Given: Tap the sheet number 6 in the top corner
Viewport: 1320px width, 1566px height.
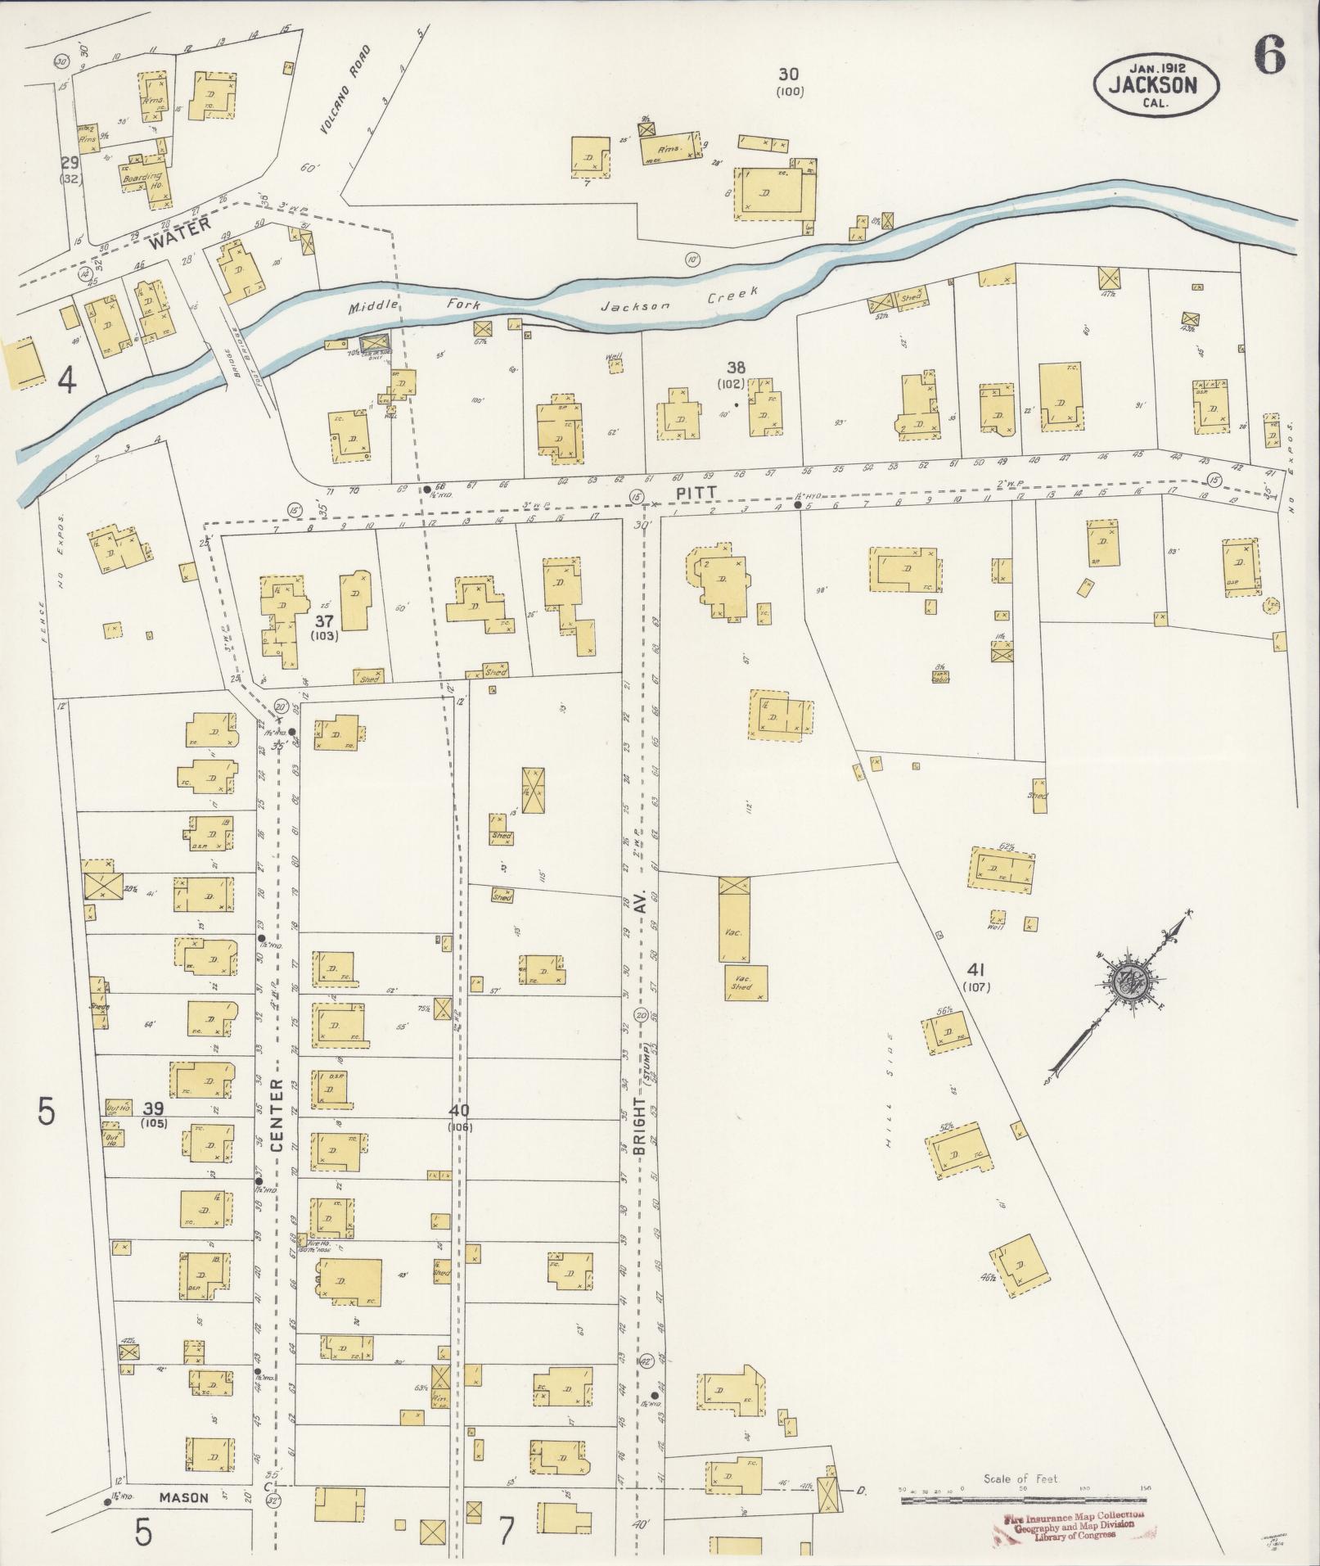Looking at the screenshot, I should pyautogui.click(x=1268, y=56).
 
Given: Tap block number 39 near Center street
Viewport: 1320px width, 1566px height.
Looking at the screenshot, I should pyautogui.click(x=152, y=1108).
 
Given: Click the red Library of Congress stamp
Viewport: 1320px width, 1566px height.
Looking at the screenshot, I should pyautogui.click(x=1068, y=1527).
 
